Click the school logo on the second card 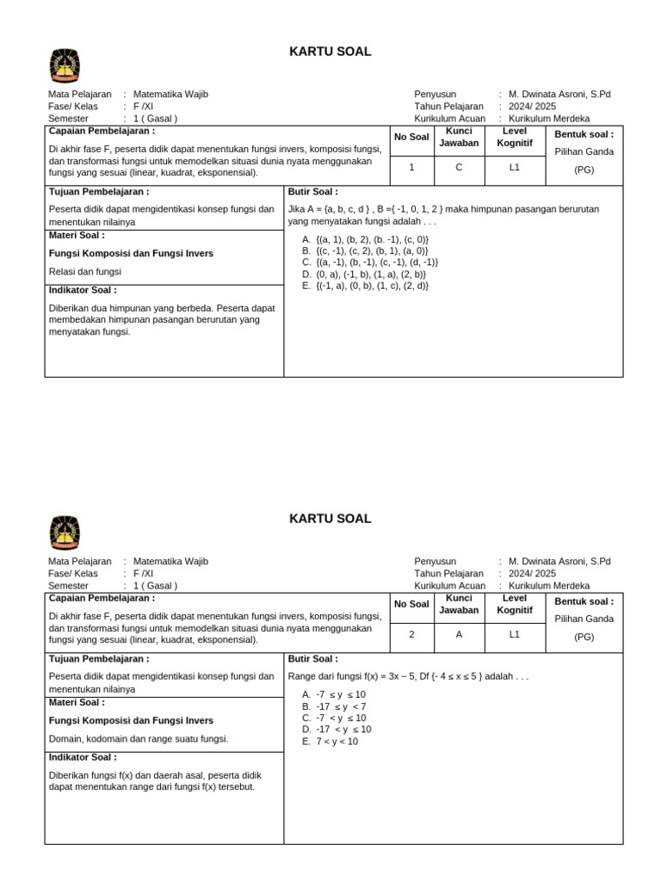(65, 533)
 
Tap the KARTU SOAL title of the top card (330, 52)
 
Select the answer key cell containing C (459, 168)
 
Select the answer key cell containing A (459, 635)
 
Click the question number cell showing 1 (411, 168)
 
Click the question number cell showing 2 (411, 635)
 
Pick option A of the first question (365, 239)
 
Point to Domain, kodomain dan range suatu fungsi (139, 738)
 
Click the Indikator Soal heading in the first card (83, 291)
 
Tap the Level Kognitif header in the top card (515, 137)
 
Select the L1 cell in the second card (515, 635)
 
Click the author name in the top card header (559, 95)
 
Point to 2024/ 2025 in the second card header (532, 574)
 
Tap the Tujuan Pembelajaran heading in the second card (99, 659)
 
